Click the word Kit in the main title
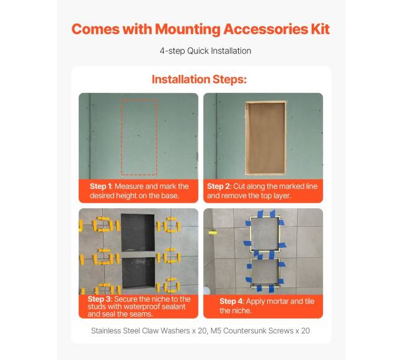click(321, 29)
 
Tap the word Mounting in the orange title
click(188, 29)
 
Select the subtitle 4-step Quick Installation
click(205, 51)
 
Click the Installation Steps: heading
click(199, 79)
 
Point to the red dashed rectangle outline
click(121, 138)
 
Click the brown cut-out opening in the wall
click(266, 138)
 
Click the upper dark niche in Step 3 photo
click(138, 232)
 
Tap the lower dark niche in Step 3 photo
click(138, 273)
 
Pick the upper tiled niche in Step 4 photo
click(265, 234)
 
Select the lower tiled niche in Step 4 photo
click(265, 271)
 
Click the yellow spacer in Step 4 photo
click(213, 232)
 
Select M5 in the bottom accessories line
click(216, 331)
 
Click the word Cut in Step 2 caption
click(239, 186)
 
